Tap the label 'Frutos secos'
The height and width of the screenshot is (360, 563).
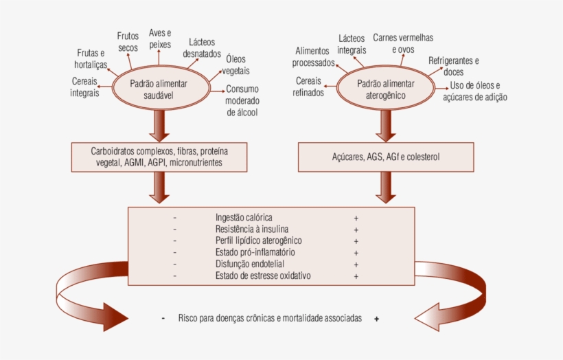click(x=128, y=42)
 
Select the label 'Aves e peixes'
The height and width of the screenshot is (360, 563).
click(x=160, y=38)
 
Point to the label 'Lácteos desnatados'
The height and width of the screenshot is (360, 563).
click(x=204, y=47)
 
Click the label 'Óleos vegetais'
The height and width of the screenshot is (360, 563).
click(x=235, y=65)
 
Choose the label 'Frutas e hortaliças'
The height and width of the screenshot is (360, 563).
click(x=91, y=59)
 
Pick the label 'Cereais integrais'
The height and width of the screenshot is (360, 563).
click(x=84, y=87)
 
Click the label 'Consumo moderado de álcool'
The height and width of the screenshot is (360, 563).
click(x=242, y=100)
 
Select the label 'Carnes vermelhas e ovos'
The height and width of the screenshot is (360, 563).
click(x=403, y=43)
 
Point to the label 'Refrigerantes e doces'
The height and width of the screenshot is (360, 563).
click(x=454, y=66)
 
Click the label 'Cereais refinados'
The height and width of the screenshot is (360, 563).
click(x=308, y=87)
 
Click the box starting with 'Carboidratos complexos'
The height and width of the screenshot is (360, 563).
click(x=159, y=157)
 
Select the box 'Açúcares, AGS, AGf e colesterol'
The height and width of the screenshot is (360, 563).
click(x=385, y=157)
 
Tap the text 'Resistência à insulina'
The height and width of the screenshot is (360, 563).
click(x=252, y=229)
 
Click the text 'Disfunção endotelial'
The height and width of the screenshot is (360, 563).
click(x=250, y=264)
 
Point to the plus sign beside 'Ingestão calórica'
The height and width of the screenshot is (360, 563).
click(x=356, y=218)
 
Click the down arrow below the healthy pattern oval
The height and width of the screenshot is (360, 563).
click(x=159, y=124)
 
